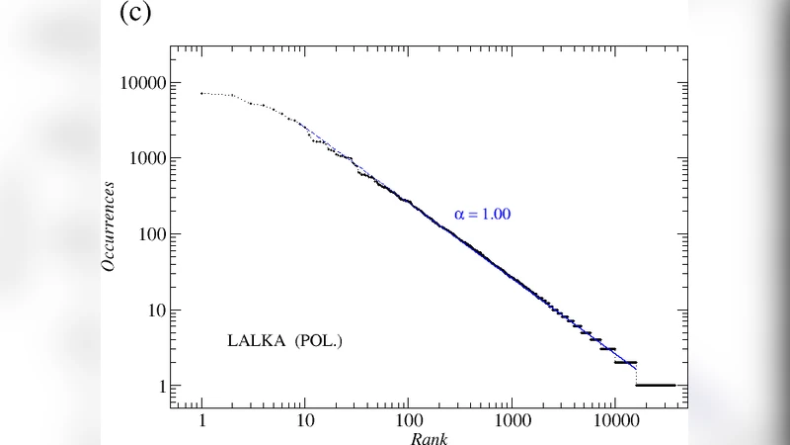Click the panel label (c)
[x=135, y=15]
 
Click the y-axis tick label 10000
[x=136, y=83]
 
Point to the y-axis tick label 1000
[x=140, y=159]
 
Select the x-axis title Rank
[x=430, y=437]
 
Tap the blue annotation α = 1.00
[x=482, y=214]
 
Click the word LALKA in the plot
[x=251, y=341]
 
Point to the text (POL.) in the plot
[x=312, y=341]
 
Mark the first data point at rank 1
[x=202, y=93]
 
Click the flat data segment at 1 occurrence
[x=656, y=385]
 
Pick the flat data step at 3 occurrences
[x=607, y=349]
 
